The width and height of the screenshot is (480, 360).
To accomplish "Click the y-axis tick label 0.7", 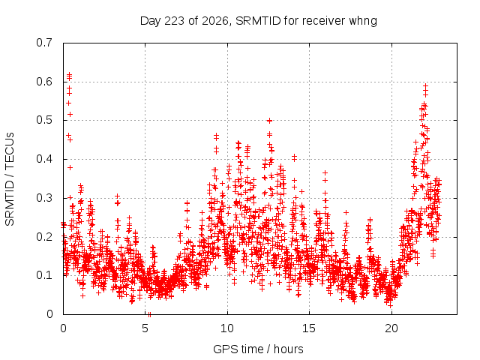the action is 44,43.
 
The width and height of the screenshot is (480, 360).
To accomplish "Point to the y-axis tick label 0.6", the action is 44,82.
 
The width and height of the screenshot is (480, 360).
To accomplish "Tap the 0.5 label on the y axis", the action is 44,120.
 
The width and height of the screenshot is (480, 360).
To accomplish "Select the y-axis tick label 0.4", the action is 44,159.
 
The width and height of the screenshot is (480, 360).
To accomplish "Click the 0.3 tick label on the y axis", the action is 44,198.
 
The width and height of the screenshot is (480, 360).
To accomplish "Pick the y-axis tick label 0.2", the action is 44,237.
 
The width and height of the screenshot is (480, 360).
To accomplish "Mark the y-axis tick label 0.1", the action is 44,275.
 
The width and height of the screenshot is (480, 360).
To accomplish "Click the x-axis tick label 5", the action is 145,328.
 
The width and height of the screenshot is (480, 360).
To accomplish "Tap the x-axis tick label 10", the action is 227,328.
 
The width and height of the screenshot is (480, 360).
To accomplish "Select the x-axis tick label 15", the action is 309,328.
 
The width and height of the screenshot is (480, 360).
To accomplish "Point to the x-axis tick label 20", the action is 391,328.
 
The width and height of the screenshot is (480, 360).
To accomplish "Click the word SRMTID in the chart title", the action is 258,21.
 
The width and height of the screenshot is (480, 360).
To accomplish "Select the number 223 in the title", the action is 175,21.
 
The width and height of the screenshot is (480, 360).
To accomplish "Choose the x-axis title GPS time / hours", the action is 258,349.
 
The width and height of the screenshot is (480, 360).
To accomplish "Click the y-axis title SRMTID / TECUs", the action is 10,179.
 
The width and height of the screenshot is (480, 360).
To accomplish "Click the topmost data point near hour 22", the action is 425,85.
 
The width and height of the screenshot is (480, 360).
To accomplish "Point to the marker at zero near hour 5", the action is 149,314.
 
